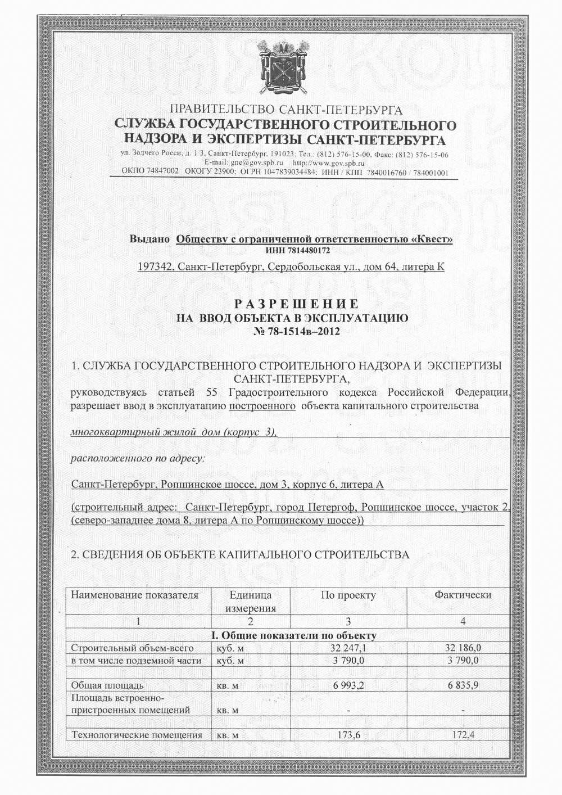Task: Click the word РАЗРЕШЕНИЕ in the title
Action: pyautogui.click(x=297, y=304)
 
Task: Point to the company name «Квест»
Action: pyautogui.click(x=433, y=240)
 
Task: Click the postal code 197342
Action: pyautogui.click(x=154, y=266)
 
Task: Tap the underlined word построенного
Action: pyautogui.click(x=262, y=405)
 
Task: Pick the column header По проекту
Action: pyautogui.click(x=348, y=595)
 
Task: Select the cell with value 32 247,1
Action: pyautogui.click(x=348, y=648)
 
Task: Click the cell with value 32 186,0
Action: pyautogui.click(x=463, y=648)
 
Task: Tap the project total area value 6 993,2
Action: pyautogui.click(x=348, y=685)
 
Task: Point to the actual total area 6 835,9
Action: pyautogui.click(x=463, y=685)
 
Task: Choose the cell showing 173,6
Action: pyautogui.click(x=348, y=735)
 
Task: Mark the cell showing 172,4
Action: pyautogui.click(x=463, y=735)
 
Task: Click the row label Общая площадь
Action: pyautogui.click(x=107, y=685)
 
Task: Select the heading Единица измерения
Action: pyautogui.click(x=250, y=601)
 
